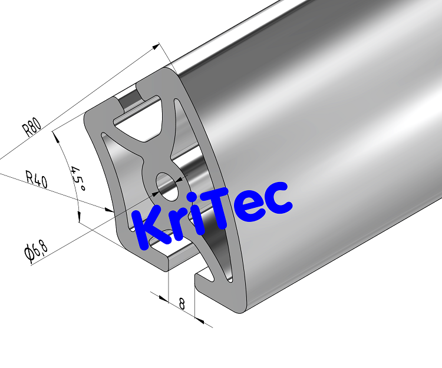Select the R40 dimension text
click(x=36, y=178)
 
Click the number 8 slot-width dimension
click(x=182, y=304)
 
